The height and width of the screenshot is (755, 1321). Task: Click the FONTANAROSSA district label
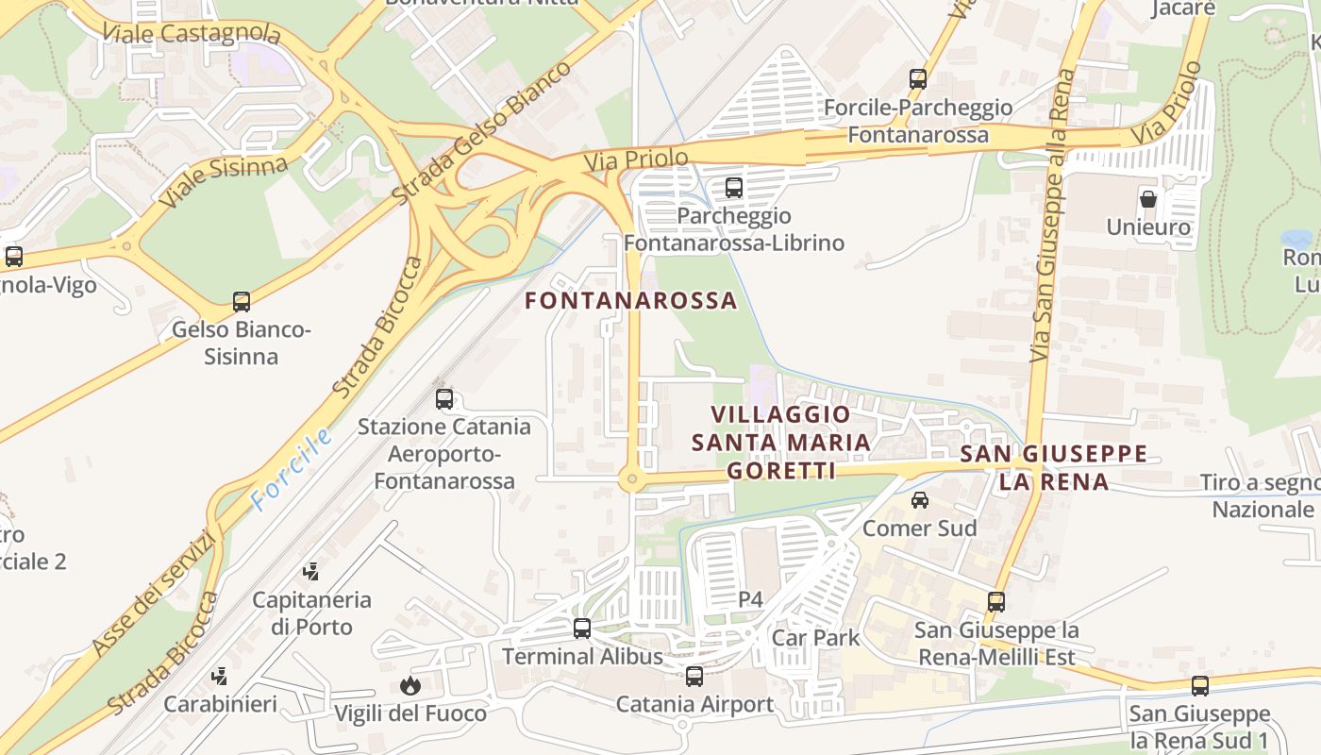[x=630, y=301]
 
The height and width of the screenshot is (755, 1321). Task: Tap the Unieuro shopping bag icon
[x=1148, y=199]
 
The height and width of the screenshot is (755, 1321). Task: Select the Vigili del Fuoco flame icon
[x=410, y=685]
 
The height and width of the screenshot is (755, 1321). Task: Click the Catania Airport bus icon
[x=694, y=676]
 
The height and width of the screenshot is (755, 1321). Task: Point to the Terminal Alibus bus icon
[x=582, y=628]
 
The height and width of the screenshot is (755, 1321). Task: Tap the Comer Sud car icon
[x=920, y=499]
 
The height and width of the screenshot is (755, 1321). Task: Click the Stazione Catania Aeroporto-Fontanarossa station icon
[x=444, y=398]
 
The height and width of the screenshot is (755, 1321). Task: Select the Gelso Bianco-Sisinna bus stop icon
[x=242, y=302]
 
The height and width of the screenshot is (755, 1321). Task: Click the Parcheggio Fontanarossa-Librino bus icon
[x=734, y=188]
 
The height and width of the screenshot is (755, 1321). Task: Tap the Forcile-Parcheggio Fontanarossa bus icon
[x=918, y=79]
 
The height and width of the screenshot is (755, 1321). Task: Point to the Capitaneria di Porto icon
[x=310, y=571]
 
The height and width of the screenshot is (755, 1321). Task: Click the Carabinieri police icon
[x=220, y=676]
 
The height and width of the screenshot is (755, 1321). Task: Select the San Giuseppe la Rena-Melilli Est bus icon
[x=996, y=601]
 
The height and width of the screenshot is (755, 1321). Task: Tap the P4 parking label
[x=750, y=599]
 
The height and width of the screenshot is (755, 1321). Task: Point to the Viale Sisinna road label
[x=223, y=182]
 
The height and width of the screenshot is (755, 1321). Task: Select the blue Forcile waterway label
[x=293, y=469]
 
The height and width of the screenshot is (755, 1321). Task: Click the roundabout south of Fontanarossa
[x=631, y=480]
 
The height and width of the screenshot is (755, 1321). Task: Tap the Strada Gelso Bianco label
[x=482, y=132]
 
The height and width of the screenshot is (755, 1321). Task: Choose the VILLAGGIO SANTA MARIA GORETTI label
[x=779, y=442]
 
